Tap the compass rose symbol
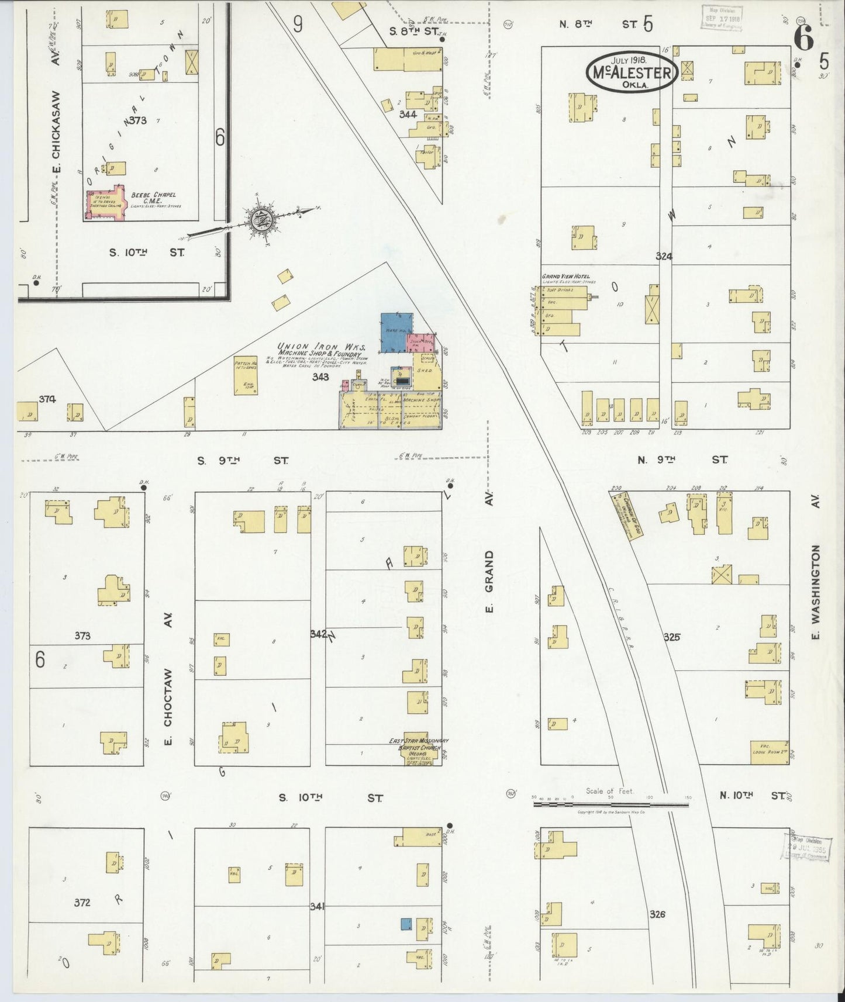click(258, 220)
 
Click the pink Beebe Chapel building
click(106, 203)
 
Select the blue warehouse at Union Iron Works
click(396, 332)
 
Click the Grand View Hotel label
click(565, 276)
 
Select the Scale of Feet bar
click(611, 805)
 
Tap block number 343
click(320, 376)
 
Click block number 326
click(657, 914)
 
